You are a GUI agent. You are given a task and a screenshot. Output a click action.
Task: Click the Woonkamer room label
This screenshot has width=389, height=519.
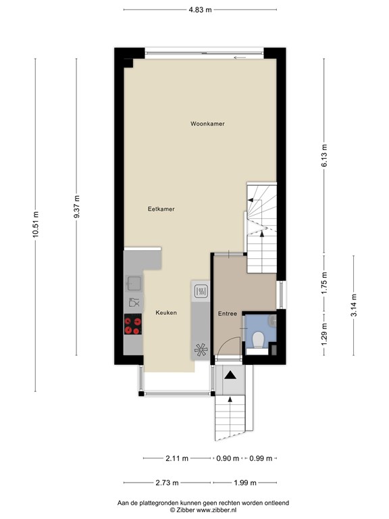tap(207, 124)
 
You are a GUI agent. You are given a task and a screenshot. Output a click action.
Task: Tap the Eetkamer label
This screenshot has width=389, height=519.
tap(161, 209)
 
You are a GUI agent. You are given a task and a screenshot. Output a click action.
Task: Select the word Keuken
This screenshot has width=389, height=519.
tap(166, 313)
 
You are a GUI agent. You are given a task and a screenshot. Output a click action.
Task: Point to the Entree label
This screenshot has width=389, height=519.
tap(227, 314)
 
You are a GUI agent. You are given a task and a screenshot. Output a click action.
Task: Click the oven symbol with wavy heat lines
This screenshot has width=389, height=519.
tap(201, 291)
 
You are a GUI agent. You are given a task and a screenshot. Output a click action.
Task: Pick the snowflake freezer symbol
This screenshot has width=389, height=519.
tap(201, 349)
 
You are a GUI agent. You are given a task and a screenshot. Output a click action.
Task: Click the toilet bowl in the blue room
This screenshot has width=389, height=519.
tap(257, 339)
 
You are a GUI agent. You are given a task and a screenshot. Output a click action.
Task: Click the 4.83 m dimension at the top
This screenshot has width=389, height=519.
tap(201, 9)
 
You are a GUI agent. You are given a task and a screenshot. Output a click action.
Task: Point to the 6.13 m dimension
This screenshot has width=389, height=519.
tap(324, 156)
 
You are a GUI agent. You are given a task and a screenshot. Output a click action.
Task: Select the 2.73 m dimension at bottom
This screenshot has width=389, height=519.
tap(167, 483)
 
